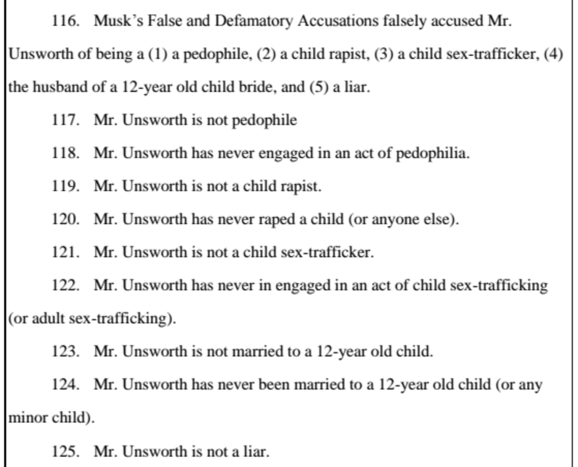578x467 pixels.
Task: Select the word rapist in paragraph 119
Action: tap(302, 186)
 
